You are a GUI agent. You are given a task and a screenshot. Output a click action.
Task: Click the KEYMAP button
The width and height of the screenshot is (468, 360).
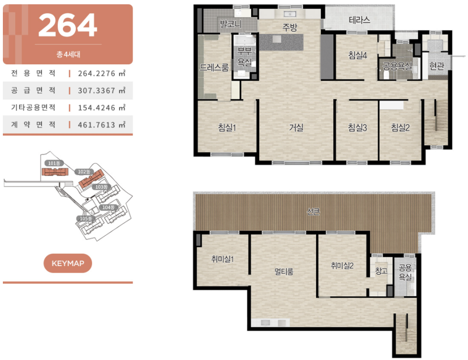(x=68, y=263)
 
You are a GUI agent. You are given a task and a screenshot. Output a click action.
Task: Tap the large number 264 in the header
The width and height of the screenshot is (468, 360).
(x=68, y=25)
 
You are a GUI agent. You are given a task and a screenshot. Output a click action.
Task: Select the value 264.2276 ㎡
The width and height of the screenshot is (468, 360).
(x=102, y=73)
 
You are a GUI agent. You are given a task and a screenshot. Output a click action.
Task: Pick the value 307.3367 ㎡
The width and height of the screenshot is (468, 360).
(x=102, y=91)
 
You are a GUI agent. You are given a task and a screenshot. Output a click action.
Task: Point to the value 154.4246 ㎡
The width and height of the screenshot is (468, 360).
(x=102, y=108)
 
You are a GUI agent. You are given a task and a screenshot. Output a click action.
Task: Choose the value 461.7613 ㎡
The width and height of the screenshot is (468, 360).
(x=102, y=125)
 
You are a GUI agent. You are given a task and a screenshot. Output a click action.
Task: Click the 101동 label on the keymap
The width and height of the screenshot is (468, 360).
(x=54, y=163)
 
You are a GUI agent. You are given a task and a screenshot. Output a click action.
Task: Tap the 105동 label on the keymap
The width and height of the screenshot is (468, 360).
(x=86, y=218)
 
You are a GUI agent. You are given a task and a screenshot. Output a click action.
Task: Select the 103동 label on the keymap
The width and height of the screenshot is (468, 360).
(x=102, y=187)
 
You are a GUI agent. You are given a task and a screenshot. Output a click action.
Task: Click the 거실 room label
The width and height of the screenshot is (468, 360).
(x=296, y=128)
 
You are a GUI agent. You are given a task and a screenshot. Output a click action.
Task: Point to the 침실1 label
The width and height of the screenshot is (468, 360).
(x=227, y=128)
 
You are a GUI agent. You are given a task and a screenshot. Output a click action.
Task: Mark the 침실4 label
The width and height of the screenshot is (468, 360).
(x=357, y=55)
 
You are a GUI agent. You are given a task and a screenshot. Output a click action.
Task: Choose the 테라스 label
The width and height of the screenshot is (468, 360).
(x=359, y=21)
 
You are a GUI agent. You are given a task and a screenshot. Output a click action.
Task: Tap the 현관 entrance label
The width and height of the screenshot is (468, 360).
(x=437, y=66)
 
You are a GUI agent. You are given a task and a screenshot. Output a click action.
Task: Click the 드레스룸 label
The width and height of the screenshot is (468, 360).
(x=214, y=67)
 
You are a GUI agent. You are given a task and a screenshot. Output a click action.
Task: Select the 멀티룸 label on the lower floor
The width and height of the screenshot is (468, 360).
(x=284, y=272)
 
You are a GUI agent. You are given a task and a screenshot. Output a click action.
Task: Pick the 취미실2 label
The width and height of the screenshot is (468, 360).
(x=342, y=266)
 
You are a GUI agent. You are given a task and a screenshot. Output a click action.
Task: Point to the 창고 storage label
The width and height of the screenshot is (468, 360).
(x=381, y=271)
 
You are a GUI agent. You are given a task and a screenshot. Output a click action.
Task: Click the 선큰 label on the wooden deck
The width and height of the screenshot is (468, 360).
(x=314, y=212)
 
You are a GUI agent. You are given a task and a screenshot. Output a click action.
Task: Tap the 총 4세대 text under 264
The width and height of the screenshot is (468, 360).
(x=68, y=54)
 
